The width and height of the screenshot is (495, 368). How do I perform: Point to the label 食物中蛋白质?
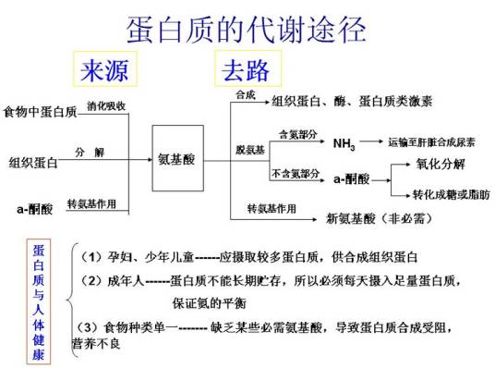click(40, 112)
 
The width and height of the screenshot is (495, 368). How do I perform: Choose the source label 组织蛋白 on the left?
click(33, 162)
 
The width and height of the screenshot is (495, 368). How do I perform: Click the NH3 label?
click(343, 144)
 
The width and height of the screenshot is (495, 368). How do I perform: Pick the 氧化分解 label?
click(441, 164)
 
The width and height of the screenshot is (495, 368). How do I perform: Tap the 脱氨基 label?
click(249, 150)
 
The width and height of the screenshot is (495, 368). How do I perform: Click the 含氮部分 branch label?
click(296, 134)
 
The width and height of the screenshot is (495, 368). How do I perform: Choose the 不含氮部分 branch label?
click(296, 173)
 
